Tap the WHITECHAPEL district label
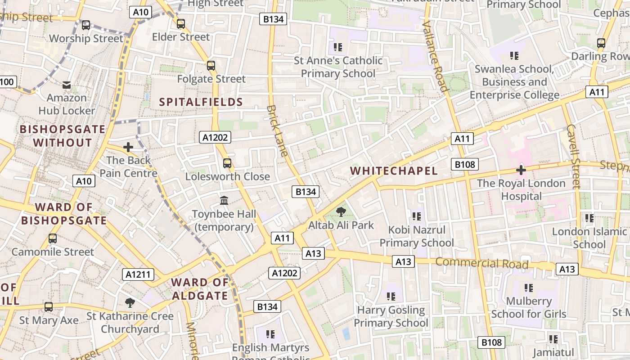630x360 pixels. click(394, 171)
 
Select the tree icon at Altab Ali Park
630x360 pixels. click(341, 211)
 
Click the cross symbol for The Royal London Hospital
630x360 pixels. click(521, 170)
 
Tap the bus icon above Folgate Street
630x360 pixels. click(211, 66)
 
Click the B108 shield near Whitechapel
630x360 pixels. click(465, 164)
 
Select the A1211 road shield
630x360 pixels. click(138, 274)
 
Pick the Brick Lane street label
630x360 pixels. click(277, 130)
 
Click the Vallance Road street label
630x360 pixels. click(435, 56)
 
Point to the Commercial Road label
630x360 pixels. click(481, 263)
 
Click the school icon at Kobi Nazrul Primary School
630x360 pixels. click(416, 216)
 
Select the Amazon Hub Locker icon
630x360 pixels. click(67, 85)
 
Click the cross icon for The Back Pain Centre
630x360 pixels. click(128, 147)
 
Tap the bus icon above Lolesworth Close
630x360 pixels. click(227, 163)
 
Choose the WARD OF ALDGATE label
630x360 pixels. click(200, 289)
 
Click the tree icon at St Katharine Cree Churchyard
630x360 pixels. click(130, 303)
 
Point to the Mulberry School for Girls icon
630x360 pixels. click(528, 288)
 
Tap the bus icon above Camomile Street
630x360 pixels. click(53, 238)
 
